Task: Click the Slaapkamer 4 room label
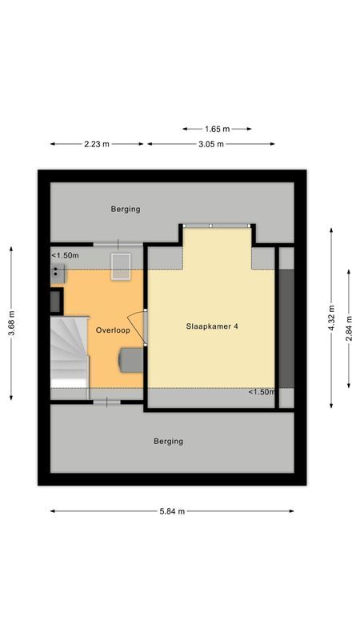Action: click(213, 326)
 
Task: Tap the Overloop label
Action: click(112, 330)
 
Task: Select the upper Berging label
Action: click(126, 209)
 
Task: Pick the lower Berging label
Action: click(169, 441)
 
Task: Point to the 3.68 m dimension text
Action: click(11, 323)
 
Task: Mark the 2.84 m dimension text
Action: click(349, 326)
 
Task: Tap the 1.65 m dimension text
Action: click(216, 128)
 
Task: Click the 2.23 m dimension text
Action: click(97, 144)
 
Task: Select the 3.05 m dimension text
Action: click(210, 144)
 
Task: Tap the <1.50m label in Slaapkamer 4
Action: click(261, 392)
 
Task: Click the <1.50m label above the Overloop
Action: click(66, 255)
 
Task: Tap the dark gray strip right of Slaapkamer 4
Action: click(286, 327)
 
